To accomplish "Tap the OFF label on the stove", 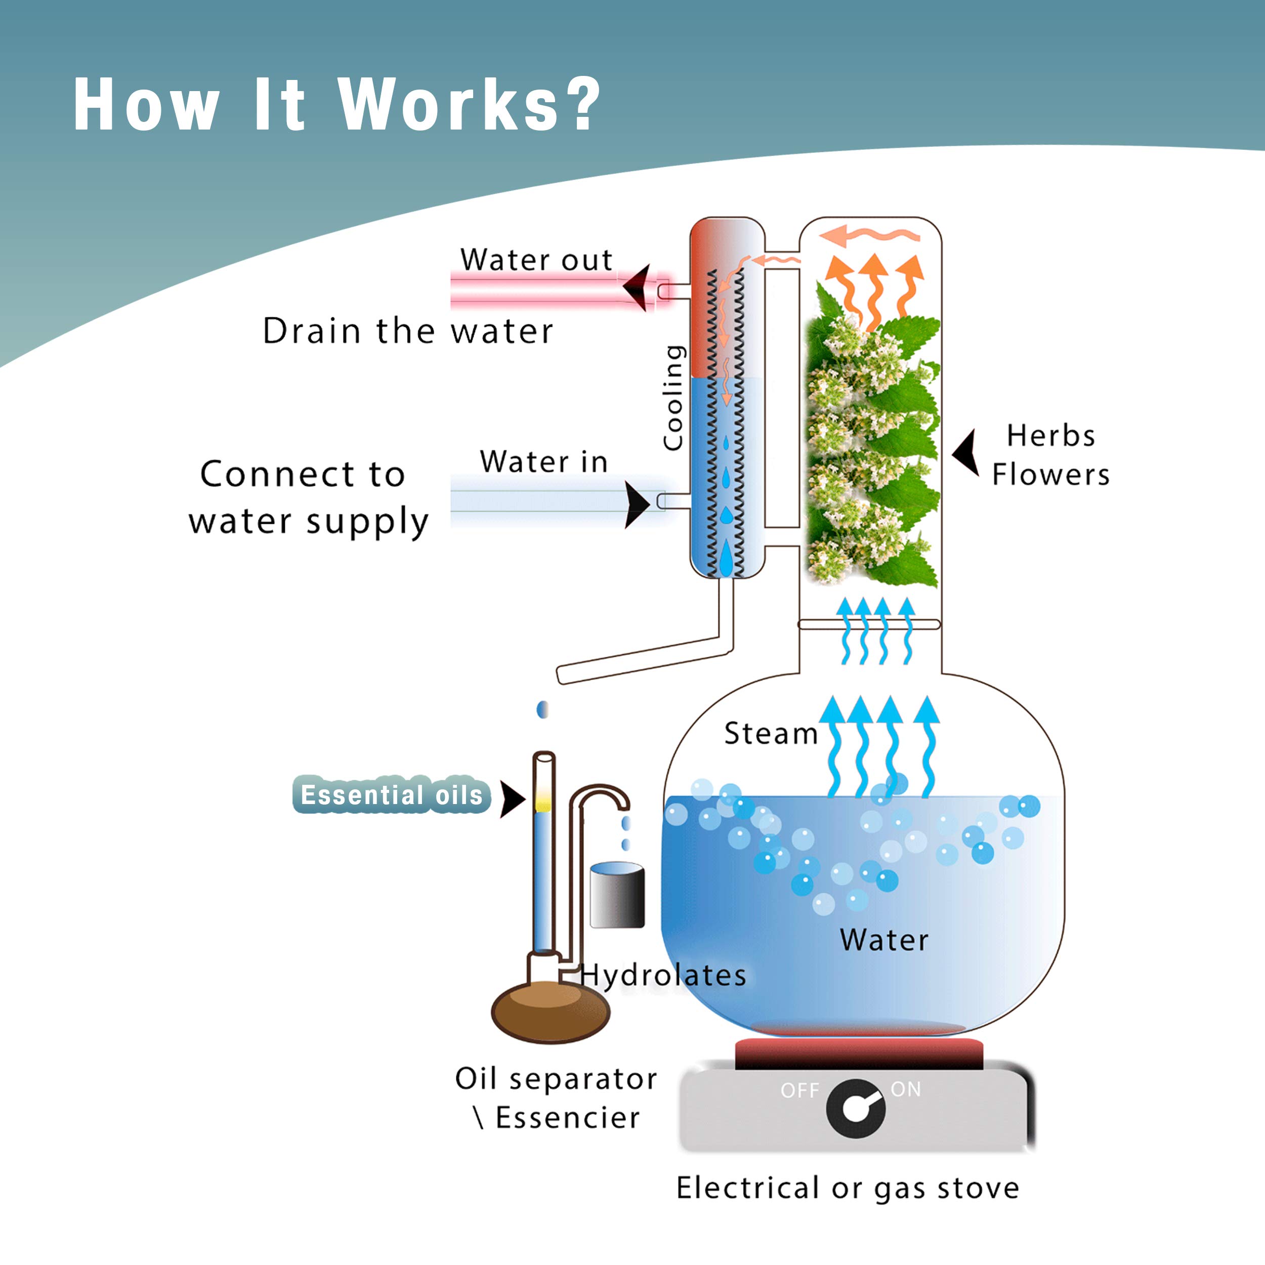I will coord(799,1091).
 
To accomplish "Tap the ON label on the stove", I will coord(906,1089).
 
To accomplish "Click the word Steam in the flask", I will coord(771,734).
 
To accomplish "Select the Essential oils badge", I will coord(391,795).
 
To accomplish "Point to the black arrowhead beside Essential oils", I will coord(512,799).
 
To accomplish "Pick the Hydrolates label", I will coord(663,976).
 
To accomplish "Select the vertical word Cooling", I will coord(673,397).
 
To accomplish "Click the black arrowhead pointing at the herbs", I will coord(967,452).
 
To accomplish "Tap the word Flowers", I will coord(1050,475).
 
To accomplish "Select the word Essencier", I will coord(567,1118).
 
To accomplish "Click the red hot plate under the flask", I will coord(858,1053).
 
